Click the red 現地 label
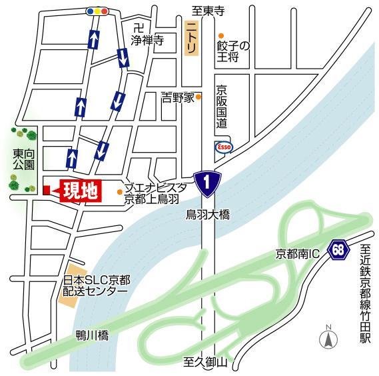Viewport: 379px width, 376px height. [x=79, y=191]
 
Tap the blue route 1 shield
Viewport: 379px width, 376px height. [x=207, y=180]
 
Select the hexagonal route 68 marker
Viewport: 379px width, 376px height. [x=340, y=251]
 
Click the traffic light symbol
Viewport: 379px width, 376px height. [x=97, y=11]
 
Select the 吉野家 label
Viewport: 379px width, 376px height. [x=177, y=98]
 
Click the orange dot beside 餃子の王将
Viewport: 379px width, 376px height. [x=222, y=35]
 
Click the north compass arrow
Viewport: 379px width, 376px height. [x=327, y=338]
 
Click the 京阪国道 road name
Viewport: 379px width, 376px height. [x=222, y=107]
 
